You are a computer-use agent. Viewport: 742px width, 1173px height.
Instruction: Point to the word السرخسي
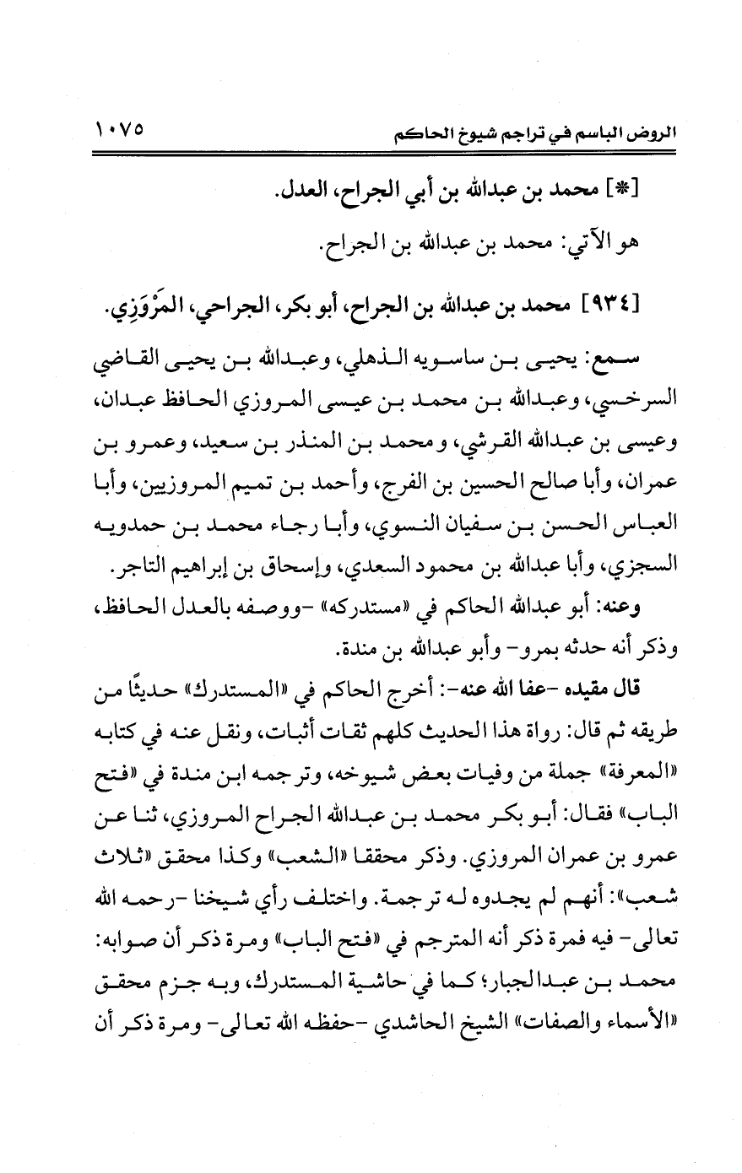click(x=619, y=411)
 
